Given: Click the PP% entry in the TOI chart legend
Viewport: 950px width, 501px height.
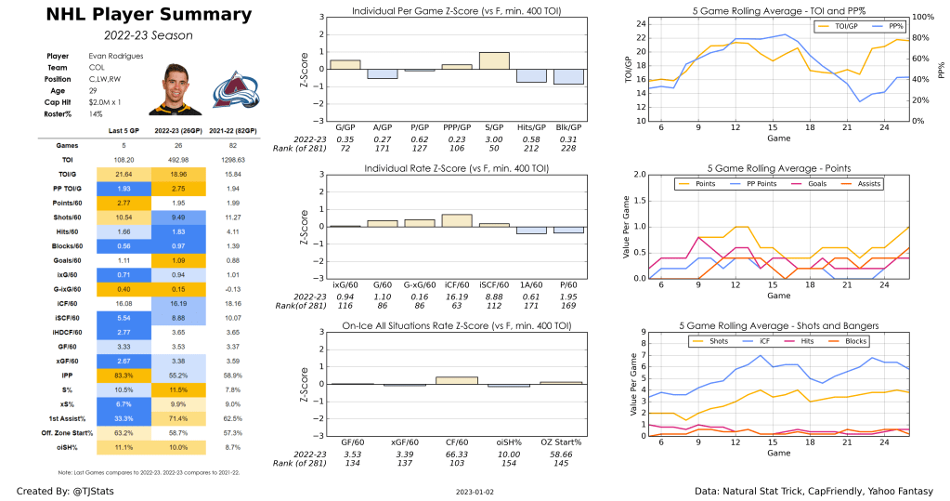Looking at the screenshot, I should coord(878,25).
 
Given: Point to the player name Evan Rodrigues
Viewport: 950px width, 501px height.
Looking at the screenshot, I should coord(110,56).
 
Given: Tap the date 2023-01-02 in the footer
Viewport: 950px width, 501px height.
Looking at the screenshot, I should coord(475,490).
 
